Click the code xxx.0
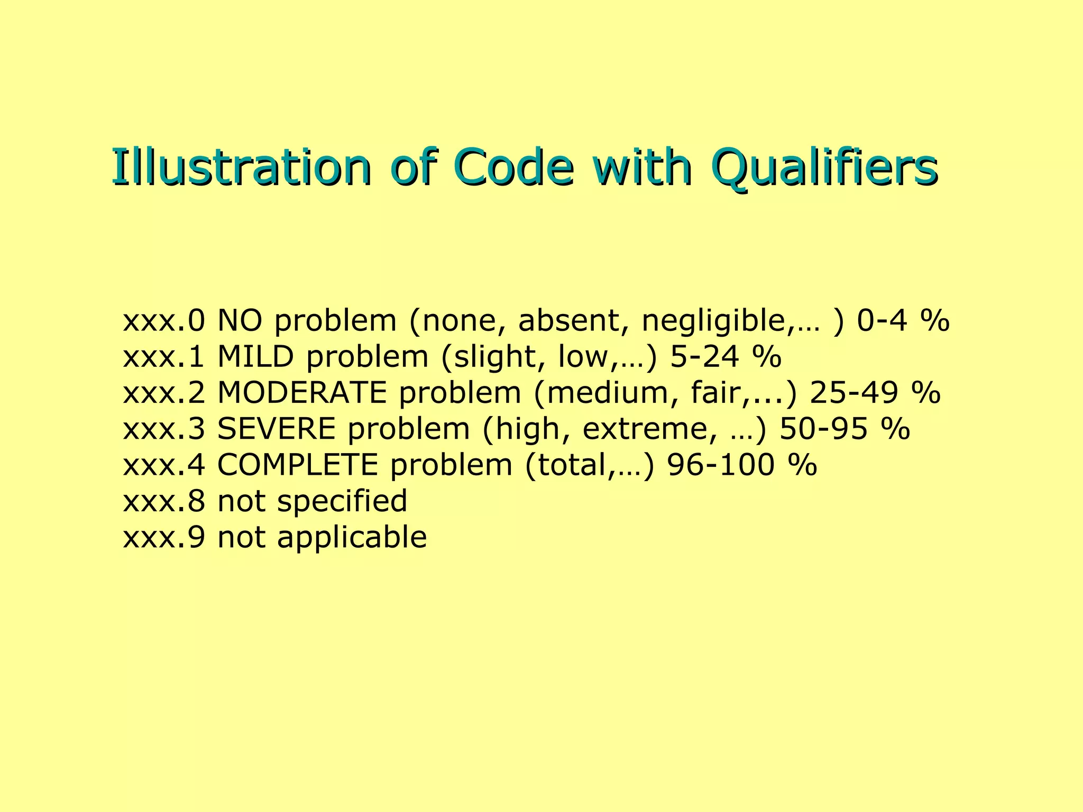click(x=163, y=321)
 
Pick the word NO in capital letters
click(x=240, y=321)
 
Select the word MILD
click(x=255, y=357)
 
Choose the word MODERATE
click(x=302, y=393)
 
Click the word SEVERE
click(x=277, y=429)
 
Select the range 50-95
click(x=823, y=429)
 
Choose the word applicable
click(x=352, y=538)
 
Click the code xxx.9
click(x=163, y=538)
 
